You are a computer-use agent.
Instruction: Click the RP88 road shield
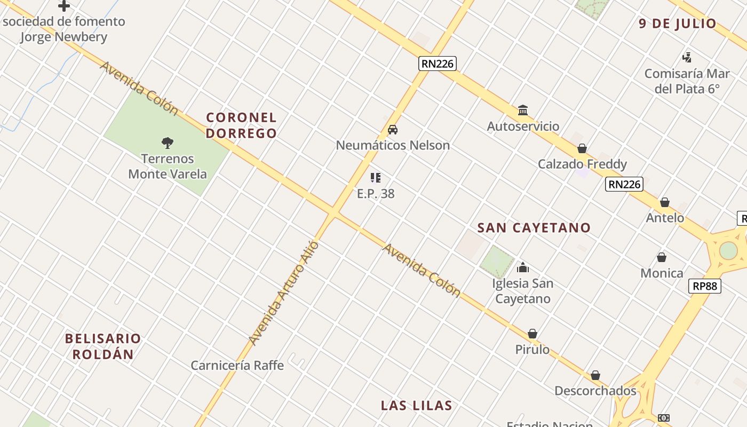(x=704, y=286)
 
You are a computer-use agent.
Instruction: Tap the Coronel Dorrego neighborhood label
(x=242, y=125)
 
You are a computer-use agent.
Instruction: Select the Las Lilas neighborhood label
(x=416, y=405)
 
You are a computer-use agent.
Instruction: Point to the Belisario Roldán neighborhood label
(x=103, y=346)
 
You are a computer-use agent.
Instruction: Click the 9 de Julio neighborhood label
(x=678, y=23)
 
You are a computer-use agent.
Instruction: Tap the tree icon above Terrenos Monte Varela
(x=168, y=143)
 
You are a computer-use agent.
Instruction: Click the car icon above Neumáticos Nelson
(x=393, y=130)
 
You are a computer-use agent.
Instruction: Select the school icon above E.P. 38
(x=376, y=178)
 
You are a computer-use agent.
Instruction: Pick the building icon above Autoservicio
(x=523, y=110)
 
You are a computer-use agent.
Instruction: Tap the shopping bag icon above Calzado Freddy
(x=582, y=148)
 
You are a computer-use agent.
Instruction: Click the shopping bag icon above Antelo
(x=665, y=202)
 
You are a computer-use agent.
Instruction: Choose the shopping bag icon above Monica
(x=662, y=257)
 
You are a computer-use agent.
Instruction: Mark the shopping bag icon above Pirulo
(x=532, y=334)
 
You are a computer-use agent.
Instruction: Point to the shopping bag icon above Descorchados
(x=595, y=375)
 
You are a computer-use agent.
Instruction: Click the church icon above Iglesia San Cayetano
(x=523, y=267)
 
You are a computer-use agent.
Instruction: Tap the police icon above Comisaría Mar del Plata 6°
(x=687, y=57)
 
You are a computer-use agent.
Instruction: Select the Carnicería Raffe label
(x=237, y=365)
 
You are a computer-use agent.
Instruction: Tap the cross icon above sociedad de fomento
(x=64, y=6)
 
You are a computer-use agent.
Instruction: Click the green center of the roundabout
(x=728, y=250)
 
